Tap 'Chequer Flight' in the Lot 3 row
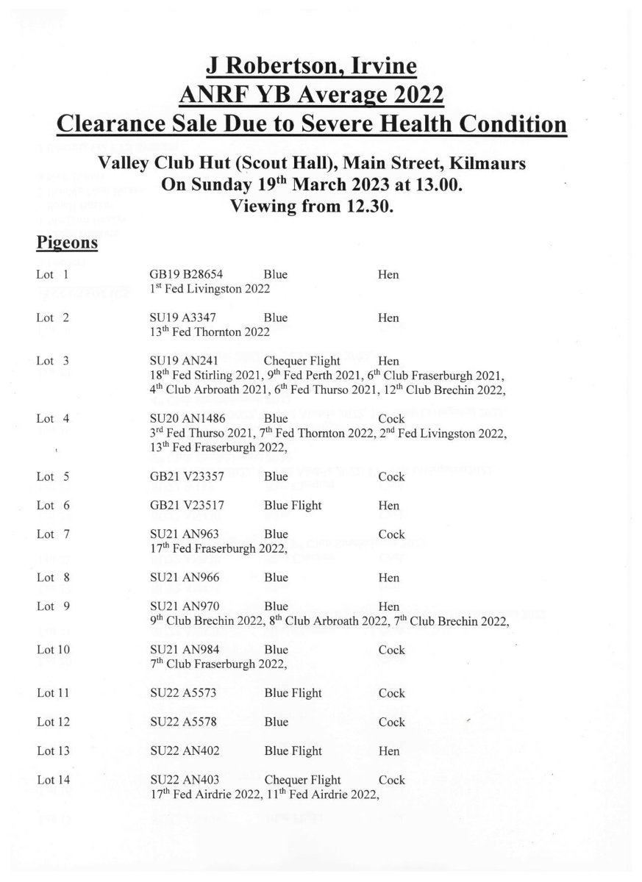(302, 361)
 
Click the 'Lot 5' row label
(53, 476)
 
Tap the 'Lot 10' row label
(53, 650)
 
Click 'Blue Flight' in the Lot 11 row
(293, 693)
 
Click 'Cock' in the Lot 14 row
(391, 779)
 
